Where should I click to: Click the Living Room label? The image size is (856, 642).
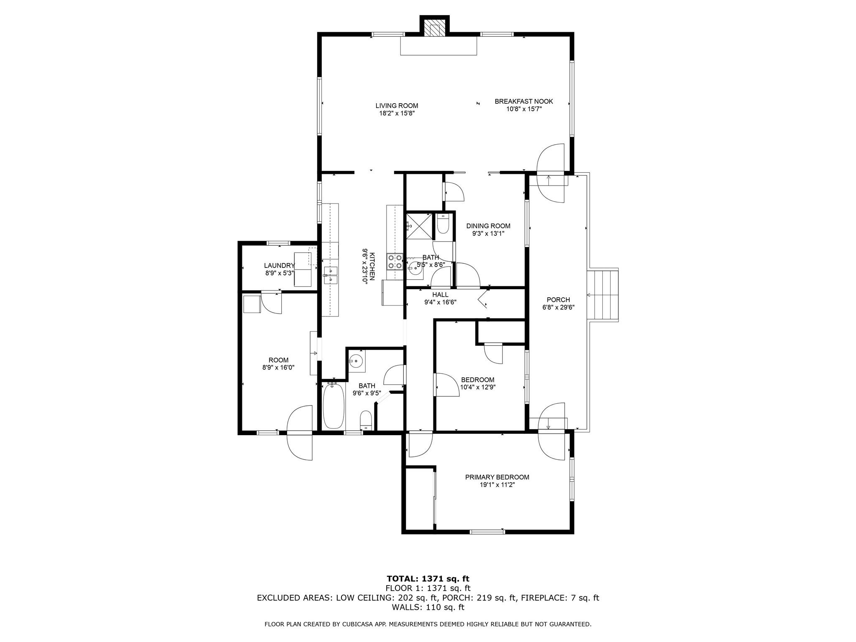pyautogui.click(x=397, y=106)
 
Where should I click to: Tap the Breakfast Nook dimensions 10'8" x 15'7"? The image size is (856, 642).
pyautogui.click(x=524, y=109)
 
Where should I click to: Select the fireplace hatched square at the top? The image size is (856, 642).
pyautogui.click(x=435, y=29)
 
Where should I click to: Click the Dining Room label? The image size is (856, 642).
pyautogui.click(x=488, y=226)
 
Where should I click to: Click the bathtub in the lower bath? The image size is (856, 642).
pyautogui.click(x=334, y=405)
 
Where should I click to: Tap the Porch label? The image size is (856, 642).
pyautogui.click(x=558, y=300)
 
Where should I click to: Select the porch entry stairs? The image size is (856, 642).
pyautogui.click(x=602, y=296)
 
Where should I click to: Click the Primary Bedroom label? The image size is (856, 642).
pyautogui.click(x=497, y=477)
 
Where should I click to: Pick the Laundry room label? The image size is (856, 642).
pyautogui.click(x=279, y=265)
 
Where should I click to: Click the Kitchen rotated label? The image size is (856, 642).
pyautogui.click(x=372, y=266)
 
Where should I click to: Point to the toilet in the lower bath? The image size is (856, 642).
pyautogui.click(x=366, y=420)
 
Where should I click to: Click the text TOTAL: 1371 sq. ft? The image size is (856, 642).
pyautogui.click(x=428, y=579)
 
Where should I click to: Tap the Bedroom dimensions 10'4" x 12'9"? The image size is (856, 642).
pyautogui.click(x=477, y=387)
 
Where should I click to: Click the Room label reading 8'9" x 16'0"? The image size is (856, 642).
pyautogui.click(x=278, y=364)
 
